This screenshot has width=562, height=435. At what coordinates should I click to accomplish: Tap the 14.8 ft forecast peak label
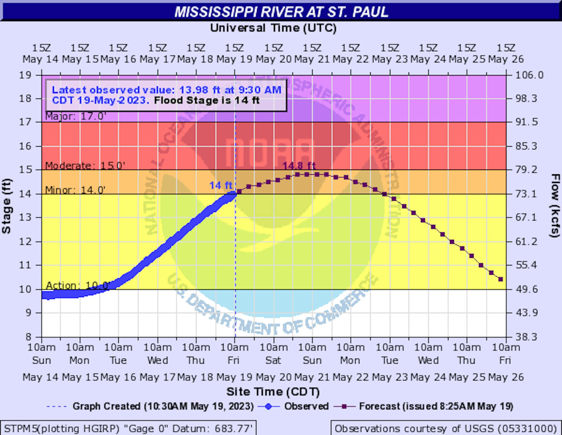point(299,166)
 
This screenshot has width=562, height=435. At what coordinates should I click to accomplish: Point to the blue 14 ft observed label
point(221,186)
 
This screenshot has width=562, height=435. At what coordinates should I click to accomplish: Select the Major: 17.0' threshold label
point(76,116)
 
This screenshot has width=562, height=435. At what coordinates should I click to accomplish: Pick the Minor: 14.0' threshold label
point(75,190)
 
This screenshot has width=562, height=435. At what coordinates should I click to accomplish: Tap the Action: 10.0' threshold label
point(78,286)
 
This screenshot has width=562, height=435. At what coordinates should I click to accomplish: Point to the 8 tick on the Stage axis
point(28,337)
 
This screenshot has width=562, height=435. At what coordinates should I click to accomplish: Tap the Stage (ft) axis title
point(7,206)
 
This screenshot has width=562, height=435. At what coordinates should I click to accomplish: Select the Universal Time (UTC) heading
point(273,28)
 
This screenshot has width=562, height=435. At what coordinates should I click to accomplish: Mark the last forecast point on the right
point(500,279)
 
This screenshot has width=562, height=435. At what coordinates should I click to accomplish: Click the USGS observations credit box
point(445,428)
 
